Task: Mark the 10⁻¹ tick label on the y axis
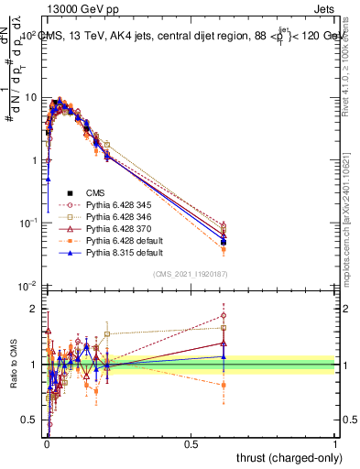pos(27,224)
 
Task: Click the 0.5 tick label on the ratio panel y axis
pos(30,421)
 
